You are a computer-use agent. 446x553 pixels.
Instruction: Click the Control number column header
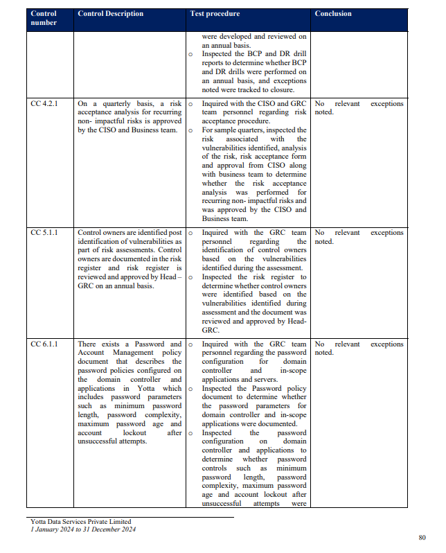[44, 18]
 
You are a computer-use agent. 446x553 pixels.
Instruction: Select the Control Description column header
[111, 14]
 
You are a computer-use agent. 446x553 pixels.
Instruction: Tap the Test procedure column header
[215, 14]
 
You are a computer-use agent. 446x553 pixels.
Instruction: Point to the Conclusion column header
[333, 14]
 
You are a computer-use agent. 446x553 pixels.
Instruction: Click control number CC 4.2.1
[45, 104]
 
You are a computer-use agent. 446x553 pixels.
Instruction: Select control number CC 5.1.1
[45, 233]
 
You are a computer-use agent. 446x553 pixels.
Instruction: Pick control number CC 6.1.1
[45, 344]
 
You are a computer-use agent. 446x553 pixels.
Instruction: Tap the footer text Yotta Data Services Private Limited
[81, 522]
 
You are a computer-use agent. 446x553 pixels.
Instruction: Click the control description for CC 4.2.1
[130, 117]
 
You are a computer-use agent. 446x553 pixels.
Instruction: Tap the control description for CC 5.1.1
[130, 259]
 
